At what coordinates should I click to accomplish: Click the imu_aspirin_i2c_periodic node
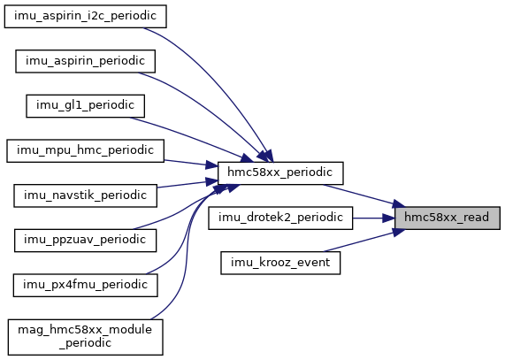click(86, 17)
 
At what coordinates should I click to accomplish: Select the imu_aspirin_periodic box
click(86, 61)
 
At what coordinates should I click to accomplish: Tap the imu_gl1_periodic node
click(86, 106)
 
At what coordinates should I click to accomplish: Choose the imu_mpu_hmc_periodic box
click(86, 150)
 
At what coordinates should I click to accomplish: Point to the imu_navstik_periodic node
click(86, 195)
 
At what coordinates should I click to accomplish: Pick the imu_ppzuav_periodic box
click(86, 241)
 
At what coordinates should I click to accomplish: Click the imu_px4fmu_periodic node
click(86, 285)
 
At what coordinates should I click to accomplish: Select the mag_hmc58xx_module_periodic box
click(86, 337)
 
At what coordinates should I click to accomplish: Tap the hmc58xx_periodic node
click(280, 172)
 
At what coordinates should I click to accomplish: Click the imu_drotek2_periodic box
click(280, 218)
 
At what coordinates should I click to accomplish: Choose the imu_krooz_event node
click(280, 263)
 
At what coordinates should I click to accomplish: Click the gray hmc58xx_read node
click(448, 218)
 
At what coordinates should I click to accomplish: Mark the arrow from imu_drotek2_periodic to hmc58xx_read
click(374, 218)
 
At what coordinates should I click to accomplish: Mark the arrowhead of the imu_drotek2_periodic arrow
click(389, 218)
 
